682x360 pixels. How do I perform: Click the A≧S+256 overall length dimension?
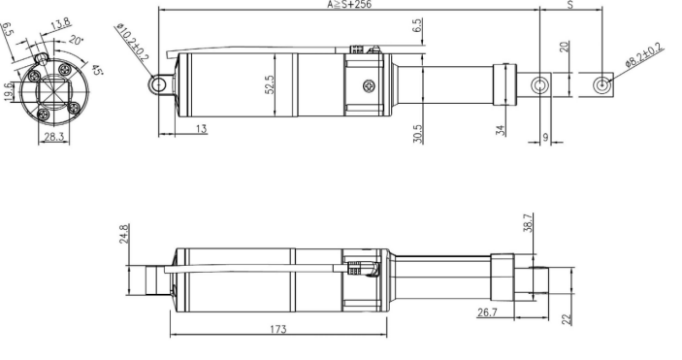coord(349,5)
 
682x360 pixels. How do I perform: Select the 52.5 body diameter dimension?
coord(270,84)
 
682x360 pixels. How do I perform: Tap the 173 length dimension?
coord(278,329)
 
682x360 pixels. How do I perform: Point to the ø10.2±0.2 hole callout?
coord(133,43)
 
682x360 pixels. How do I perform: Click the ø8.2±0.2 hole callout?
coord(644,54)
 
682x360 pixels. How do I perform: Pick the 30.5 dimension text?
coord(417,134)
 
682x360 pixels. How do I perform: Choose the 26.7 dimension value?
coord(487,312)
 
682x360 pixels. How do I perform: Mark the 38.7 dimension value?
coord(528,222)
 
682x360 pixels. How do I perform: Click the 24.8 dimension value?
coord(124,233)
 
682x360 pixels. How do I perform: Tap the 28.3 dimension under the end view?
coord(54,137)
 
